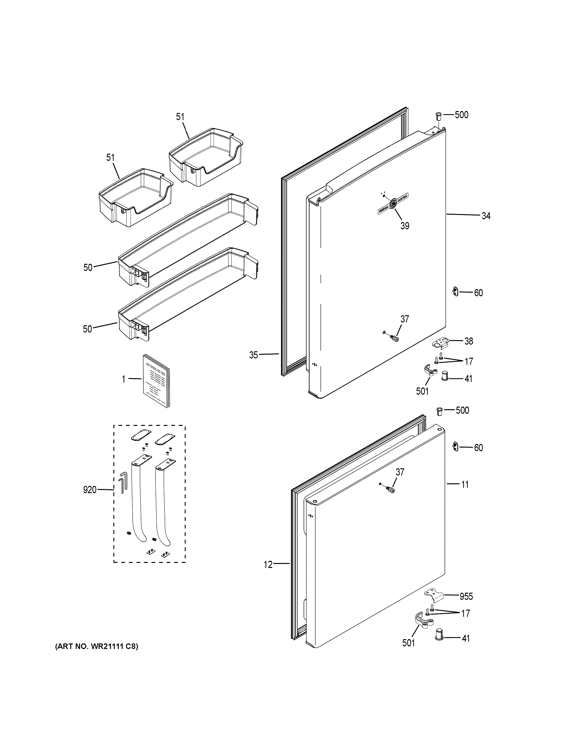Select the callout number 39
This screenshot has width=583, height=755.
coord(405,226)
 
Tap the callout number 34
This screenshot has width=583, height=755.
coord(486,216)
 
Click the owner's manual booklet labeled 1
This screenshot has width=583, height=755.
coord(156,380)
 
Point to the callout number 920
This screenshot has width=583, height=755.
coord(90,490)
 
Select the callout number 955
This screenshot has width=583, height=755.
coord(466,596)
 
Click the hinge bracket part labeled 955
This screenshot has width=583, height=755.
coord(434,596)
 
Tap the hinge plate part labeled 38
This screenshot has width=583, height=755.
coord(440,343)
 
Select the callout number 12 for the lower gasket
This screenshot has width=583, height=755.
coord(268,565)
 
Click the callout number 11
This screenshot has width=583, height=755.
coord(465,485)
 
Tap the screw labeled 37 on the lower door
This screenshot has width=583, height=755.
coord(390,490)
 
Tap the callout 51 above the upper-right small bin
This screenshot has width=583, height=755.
coord(180,117)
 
